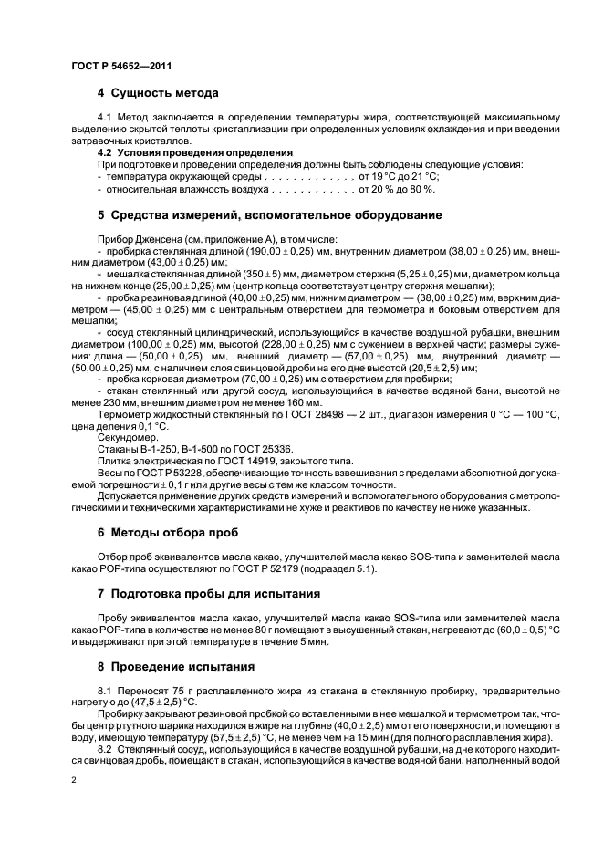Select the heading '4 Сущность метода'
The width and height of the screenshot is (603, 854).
(x=157, y=93)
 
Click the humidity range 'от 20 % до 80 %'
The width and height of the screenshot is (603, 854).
(x=397, y=189)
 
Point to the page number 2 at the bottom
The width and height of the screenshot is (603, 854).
(x=73, y=780)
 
